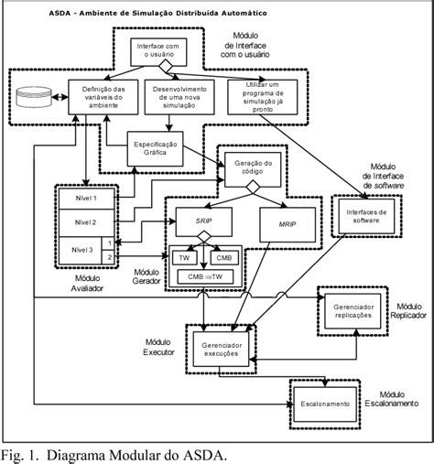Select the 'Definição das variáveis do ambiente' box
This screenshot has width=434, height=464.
[90, 94]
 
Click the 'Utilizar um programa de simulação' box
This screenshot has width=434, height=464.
[264, 94]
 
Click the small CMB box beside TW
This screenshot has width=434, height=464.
[224, 256]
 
